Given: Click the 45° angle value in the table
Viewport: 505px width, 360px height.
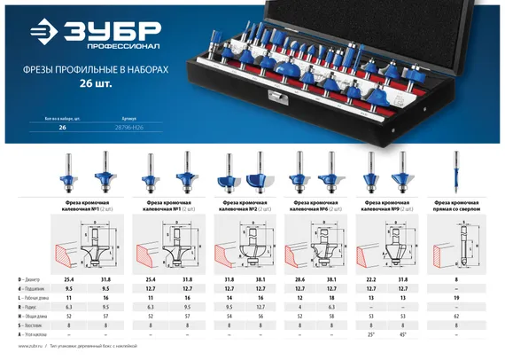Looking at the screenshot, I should click(403, 335).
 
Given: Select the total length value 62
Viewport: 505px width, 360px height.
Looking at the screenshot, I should click(455, 315).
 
